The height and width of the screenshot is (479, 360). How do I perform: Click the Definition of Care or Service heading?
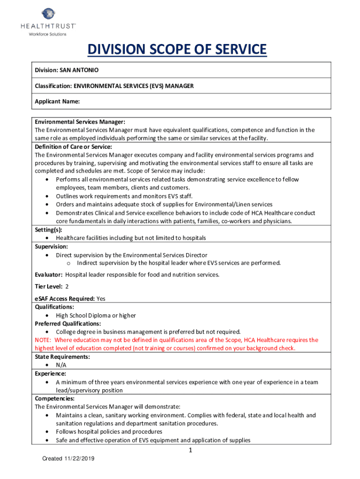[73, 146]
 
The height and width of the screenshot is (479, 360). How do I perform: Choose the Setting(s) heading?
[48, 230]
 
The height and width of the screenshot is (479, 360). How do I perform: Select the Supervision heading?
[51, 246]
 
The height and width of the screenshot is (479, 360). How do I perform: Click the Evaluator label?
[49, 275]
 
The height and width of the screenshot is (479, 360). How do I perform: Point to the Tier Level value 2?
[67, 286]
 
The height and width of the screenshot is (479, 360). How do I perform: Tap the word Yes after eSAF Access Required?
[101, 298]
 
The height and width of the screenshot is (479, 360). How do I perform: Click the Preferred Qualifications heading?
[68, 323]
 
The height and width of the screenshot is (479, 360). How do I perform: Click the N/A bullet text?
[61, 365]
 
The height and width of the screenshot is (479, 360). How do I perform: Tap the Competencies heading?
[55, 399]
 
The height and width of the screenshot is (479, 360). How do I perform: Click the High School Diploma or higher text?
[96, 315]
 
